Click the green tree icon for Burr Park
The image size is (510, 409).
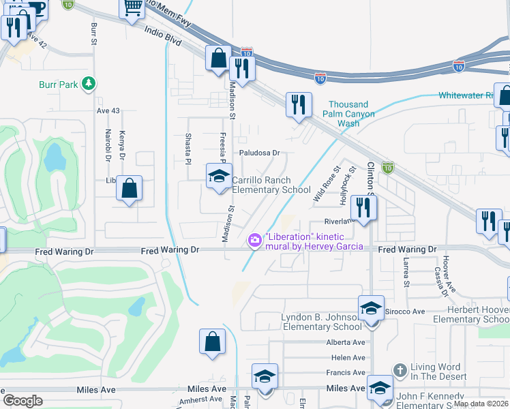[x=87, y=84]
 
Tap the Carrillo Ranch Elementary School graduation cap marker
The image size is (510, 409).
[x=219, y=177]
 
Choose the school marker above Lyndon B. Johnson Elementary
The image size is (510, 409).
[x=371, y=307]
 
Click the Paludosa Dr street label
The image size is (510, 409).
[x=259, y=153]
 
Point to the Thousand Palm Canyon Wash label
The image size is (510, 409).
[x=348, y=114]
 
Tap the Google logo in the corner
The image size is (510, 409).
[x=22, y=401]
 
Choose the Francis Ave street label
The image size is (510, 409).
[x=346, y=372]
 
